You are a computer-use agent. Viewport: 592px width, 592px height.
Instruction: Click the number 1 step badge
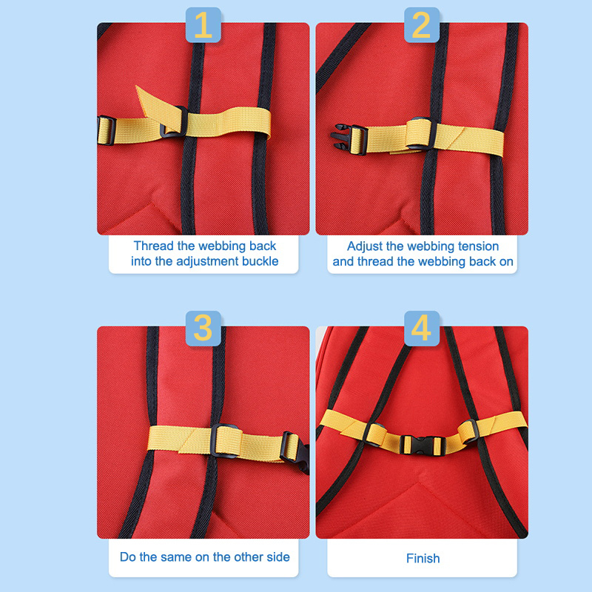[x=203, y=25]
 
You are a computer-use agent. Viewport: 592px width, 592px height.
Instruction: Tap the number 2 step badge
[x=422, y=25]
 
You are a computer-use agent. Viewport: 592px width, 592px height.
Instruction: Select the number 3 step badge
[x=203, y=329]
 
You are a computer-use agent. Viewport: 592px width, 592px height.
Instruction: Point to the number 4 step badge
[x=422, y=329]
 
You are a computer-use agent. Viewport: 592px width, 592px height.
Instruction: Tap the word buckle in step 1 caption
[x=260, y=261]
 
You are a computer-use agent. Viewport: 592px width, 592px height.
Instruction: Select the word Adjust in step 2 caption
[x=365, y=246]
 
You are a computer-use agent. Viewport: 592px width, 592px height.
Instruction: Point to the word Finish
[x=423, y=558]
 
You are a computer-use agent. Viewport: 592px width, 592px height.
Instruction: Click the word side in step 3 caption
[x=277, y=557]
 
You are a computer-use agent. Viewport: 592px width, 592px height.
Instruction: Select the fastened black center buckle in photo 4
[x=422, y=445]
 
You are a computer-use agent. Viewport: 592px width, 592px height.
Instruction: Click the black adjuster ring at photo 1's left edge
[x=106, y=131]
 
